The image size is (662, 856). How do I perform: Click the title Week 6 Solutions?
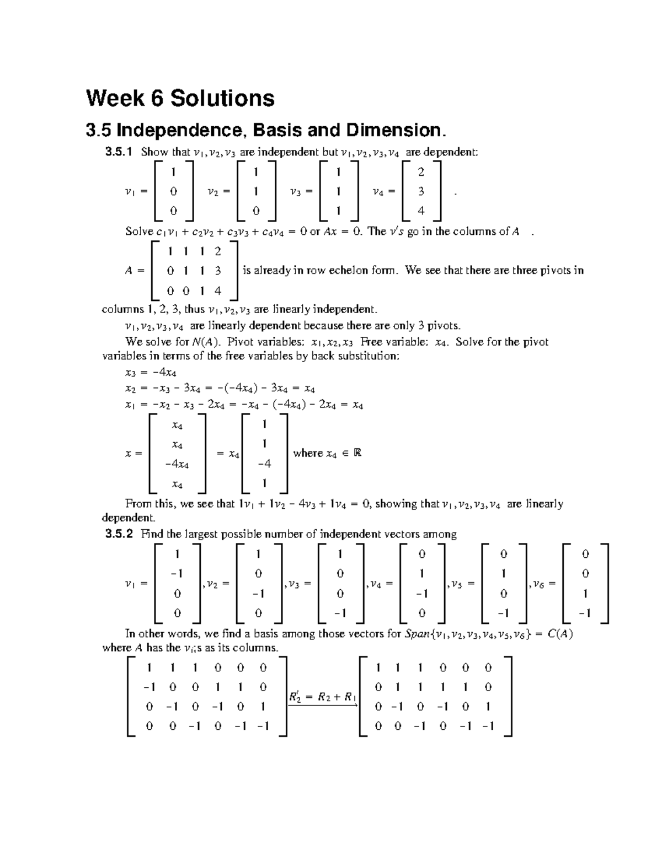click(180, 99)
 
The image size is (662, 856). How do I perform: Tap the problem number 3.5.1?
click(119, 152)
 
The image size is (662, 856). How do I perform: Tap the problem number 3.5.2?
click(119, 534)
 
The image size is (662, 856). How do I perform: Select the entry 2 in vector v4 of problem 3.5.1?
click(421, 173)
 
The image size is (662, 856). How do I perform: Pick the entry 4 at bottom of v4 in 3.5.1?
click(421, 211)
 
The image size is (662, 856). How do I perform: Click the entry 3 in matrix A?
click(218, 271)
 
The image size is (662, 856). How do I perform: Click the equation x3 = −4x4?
click(151, 373)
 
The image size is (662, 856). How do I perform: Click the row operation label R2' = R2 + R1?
click(323, 697)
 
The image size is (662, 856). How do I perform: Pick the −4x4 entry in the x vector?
click(177, 464)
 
